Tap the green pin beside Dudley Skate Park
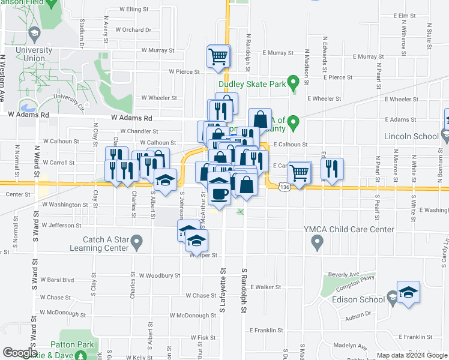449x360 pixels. [294, 82]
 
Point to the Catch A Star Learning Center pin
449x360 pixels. [136, 243]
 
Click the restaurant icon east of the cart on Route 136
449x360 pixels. [331, 170]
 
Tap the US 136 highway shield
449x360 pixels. [285, 188]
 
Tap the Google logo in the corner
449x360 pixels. [20, 353]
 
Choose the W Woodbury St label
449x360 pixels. [160, 275]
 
